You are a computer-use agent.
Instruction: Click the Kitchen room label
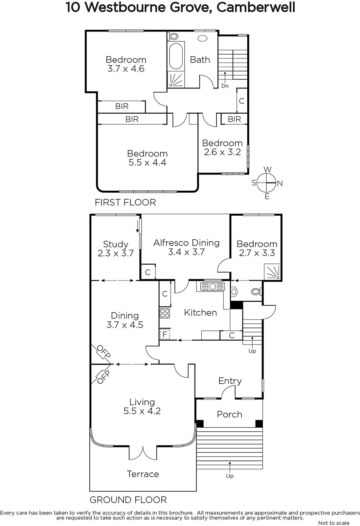coord(200,313)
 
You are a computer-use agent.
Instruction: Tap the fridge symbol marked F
coord(165,334)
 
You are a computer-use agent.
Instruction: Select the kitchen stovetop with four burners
coord(165,313)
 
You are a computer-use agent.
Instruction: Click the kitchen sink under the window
coord(212,286)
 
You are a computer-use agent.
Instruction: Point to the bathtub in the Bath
coord(176,56)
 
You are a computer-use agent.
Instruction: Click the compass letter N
coord(280,183)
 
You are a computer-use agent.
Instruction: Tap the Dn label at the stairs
coord(225,86)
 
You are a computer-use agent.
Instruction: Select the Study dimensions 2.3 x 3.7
coord(116,253)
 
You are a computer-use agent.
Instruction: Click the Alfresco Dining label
coord(186,243)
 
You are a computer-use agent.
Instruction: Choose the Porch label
coord(229,414)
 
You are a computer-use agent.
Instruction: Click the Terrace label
coord(143,474)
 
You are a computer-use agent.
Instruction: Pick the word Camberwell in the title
coord(256,7)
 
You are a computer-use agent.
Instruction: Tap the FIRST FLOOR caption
coord(125,202)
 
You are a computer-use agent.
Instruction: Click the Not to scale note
coord(334,523)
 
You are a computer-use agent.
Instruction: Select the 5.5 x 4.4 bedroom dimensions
coord(147,162)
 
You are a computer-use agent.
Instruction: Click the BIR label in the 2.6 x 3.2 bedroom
coord(234,119)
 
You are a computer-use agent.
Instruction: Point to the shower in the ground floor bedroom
coord(273,272)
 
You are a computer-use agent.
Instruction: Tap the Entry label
coord(230,381)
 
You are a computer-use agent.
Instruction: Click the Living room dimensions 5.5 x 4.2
coord(142,411)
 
